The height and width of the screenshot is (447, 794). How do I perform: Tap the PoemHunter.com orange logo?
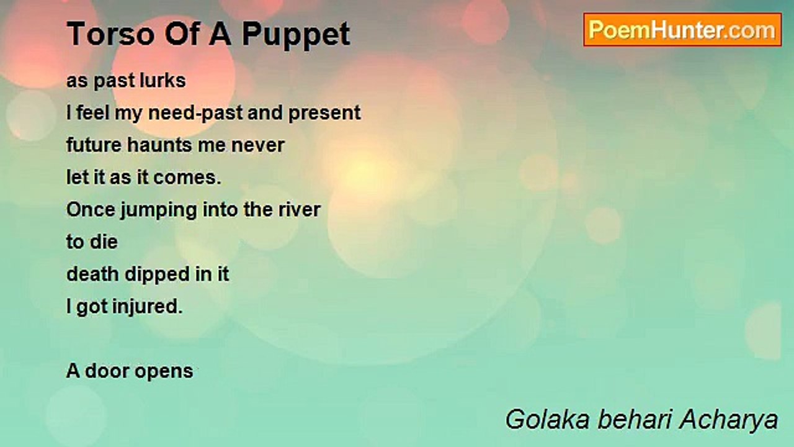point(682,30)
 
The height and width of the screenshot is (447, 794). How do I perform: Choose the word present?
point(324,114)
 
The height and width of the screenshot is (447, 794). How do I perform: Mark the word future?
point(94,145)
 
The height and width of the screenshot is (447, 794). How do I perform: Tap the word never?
point(257,146)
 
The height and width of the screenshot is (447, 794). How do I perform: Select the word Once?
point(91,210)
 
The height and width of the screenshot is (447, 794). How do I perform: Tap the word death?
point(92,274)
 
